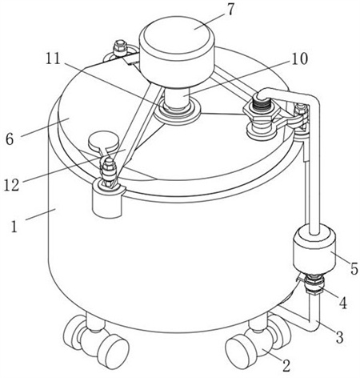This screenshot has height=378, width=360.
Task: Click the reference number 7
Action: pyautogui.click(x=230, y=10)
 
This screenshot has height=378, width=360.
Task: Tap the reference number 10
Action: pyautogui.click(x=299, y=58)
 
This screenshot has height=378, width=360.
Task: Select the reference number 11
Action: pyautogui.click(x=53, y=58)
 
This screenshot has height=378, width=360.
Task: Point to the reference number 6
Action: pyautogui.click(x=10, y=139)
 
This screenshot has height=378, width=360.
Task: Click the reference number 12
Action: pyautogui.click(x=12, y=185)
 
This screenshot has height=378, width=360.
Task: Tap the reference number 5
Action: pyautogui.click(x=354, y=269)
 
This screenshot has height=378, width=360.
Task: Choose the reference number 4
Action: pyautogui.click(x=343, y=303)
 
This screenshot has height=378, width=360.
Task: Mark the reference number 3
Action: pyautogui.click(x=339, y=337)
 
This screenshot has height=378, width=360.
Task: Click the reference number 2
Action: pyautogui.click(x=286, y=365)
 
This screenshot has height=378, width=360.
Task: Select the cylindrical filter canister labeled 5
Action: pyautogui.click(x=314, y=250)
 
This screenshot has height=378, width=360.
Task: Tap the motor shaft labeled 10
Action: pyautogui.click(x=177, y=99)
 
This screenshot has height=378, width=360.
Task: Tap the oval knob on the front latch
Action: pyautogui.click(x=103, y=139)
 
